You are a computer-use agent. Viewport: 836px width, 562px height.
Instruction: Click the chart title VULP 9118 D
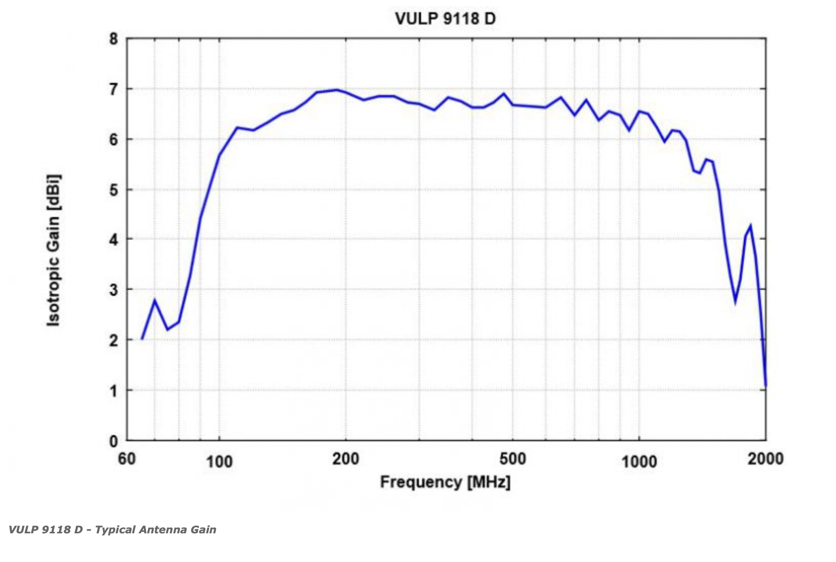pyautogui.click(x=445, y=18)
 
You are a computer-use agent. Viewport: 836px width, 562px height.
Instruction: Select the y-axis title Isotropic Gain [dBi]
pyautogui.click(x=53, y=250)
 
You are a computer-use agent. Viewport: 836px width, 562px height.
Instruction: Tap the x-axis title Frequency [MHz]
pyautogui.click(x=445, y=482)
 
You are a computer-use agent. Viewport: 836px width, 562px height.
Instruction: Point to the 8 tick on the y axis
pyautogui.click(x=113, y=39)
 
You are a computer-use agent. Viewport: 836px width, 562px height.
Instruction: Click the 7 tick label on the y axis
pyautogui.click(x=113, y=89)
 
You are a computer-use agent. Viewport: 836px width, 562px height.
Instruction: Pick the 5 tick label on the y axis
pyautogui.click(x=113, y=190)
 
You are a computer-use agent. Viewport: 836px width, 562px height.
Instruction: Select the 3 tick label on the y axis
pyautogui.click(x=113, y=290)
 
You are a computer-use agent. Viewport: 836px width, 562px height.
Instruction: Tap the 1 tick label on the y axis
pyautogui.click(x=113, y=391)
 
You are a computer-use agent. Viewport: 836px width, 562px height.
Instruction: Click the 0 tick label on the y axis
pyautogui.click(x=113, y=441)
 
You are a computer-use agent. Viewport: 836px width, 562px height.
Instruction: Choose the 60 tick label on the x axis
pyautogui.click(x=127, y=459)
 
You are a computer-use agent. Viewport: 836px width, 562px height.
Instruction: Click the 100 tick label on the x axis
pyautogui.click(x=219, y=462)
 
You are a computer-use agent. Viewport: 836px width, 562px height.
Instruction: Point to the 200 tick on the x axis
pyautogui.click(x=346, y=459)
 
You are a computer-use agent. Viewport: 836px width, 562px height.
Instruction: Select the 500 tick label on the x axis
pyautogui.click(x=513, y=459)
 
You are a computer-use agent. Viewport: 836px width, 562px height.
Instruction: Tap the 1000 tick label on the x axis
pyautogui.click(x=639, y=462)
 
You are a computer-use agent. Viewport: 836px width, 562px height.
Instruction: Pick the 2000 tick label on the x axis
pyautogui.click(x=765, y=459)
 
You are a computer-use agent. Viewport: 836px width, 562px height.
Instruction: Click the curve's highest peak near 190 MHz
pyautogui.click(x=337, y=90)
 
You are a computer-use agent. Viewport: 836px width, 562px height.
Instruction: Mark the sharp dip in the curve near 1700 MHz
pyautogui.click(x=735, y=301)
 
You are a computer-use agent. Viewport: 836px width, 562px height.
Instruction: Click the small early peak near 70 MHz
pyautogui.click(x=155, y=300)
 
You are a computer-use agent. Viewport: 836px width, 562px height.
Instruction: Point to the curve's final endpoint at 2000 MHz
pyautogui.click(x=765, y=385)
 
